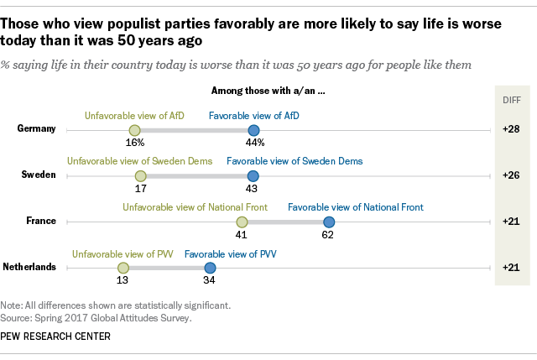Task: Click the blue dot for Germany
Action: pos(253,130)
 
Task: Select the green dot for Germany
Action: pos(134,130)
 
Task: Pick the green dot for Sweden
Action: pos(141,175)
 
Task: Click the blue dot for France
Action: pos(329,222)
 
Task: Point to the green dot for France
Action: pos(242,222)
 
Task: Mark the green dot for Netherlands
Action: pos(123,267)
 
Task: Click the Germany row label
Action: pos(36,129)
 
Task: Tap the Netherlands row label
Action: pos(29,267)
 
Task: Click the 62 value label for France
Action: pos(328,236)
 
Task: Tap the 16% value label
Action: pos(134,143)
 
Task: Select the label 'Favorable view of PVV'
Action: pos(231,253)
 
